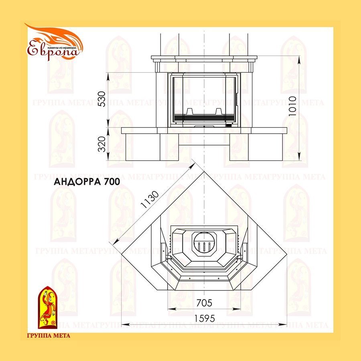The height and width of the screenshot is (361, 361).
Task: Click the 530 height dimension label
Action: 102,99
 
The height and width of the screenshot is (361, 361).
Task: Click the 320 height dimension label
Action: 102,144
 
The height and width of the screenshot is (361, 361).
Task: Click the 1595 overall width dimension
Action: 205,318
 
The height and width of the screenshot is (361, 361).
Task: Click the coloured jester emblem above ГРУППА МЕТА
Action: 47,306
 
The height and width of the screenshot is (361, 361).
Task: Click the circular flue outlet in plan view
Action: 204,243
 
